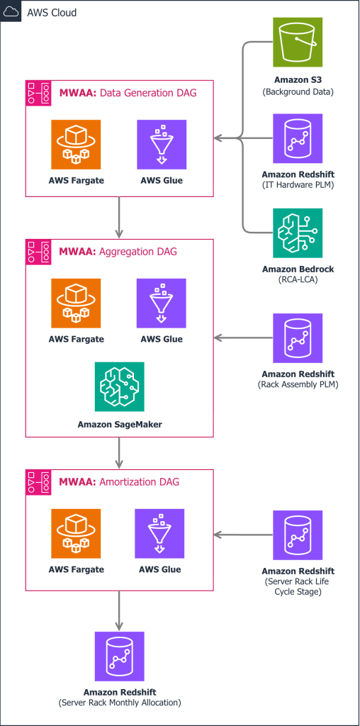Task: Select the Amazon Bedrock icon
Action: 298,233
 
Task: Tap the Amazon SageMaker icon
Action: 119,387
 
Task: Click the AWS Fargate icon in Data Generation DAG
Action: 76,145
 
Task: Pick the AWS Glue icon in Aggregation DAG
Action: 162,303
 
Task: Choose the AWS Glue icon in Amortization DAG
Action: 159,533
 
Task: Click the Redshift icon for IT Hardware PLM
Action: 298,138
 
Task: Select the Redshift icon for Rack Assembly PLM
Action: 298,338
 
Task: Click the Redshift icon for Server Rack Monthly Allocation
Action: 119,657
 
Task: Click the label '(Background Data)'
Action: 298,92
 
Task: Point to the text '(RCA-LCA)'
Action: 298,280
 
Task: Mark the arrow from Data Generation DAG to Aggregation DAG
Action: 119,217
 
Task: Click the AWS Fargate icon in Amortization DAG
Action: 76,533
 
